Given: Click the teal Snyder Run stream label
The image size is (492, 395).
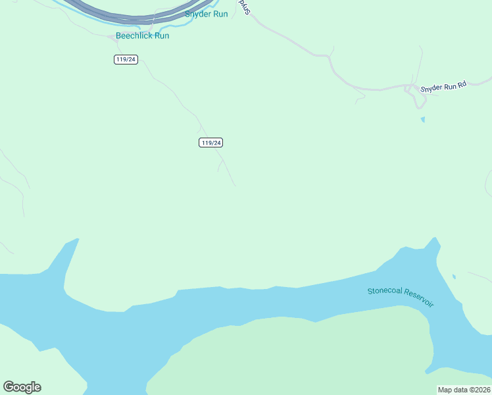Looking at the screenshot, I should tap(206, 14).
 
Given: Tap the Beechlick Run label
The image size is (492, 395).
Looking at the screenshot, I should tap(142, 36).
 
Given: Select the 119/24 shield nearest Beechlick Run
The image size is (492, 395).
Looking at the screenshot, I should tap(125, 59).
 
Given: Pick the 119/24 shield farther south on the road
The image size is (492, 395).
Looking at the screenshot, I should tap(211, 143).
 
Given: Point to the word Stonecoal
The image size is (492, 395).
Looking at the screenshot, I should tap(384, 291).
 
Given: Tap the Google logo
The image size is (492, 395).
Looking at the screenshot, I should tap(22, 387).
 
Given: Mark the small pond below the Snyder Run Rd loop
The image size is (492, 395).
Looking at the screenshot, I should tap(422, 120).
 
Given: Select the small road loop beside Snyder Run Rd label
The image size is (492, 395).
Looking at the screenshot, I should tap(416, 99).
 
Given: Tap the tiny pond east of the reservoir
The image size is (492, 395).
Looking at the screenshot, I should tap(454, 276).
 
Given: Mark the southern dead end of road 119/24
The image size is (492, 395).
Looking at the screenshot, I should tap(235, 186).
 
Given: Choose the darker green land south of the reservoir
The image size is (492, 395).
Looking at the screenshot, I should tap(296, 355).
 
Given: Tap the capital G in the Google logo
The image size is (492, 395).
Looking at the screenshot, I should tap(9, 386).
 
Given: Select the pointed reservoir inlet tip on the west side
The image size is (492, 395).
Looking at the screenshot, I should tap(78, 239).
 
